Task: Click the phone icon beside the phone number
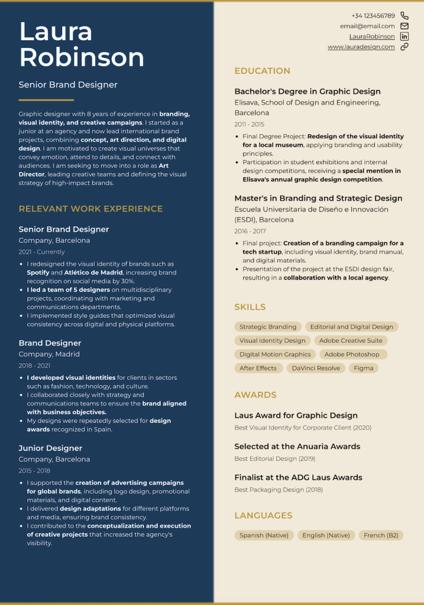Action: (x=404, y=16)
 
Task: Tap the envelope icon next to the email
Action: (x=404, y=26)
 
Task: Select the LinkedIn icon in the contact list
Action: (x=404, y=37)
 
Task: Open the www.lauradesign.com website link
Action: (x=361, y=47)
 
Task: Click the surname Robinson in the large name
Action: (x=82, y=57)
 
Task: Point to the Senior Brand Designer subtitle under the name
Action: (x=68, y=84)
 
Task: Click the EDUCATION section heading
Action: (x=262, y=71)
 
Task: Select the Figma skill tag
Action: (x=364, y=368)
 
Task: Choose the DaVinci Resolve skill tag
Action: (x=316, y=368)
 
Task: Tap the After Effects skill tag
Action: (x=258, y=368)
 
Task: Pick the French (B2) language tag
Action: (x=381, y=535)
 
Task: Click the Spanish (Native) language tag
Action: (x=264, y=535)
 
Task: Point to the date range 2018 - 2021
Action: (x=34, y=366)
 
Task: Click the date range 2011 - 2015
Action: (x=249, y=125)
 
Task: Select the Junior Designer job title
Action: (x=50, y=448)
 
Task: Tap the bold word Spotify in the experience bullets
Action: (x=38, y=272)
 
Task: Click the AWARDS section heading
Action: (x=255, y=395)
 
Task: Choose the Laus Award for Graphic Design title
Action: (x=296, y=415)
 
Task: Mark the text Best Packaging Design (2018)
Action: (x=279, y=490)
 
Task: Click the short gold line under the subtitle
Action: (x=46, y=100)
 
